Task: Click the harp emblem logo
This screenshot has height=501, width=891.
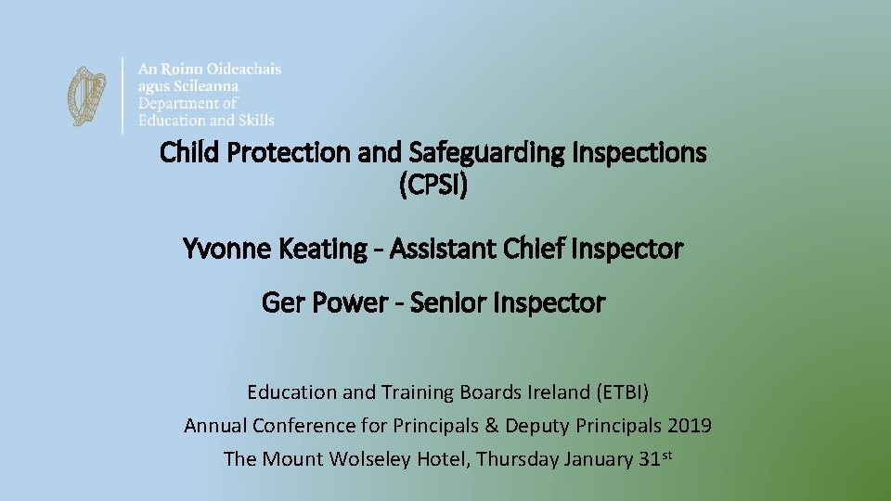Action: [x=87, y=96]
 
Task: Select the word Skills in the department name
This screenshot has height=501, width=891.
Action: [x=256, y=120]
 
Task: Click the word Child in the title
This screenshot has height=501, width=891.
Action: [x=187, y=152]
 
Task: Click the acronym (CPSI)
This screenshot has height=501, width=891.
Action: [x=433, y=186]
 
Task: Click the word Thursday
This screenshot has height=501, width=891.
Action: [x=515, y=459]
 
